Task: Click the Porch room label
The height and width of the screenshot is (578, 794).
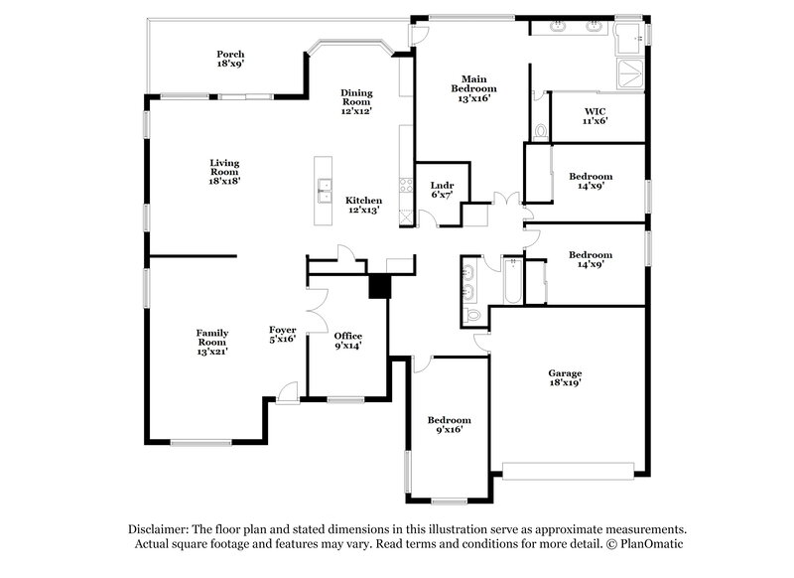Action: coord(230,59)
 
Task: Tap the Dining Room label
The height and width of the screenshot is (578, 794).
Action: coord(355,102)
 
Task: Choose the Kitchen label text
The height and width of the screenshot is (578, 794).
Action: coord(363,205)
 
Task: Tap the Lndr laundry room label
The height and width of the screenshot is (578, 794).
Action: coord(442,191)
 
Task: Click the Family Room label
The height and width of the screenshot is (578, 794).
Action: coord(212,342)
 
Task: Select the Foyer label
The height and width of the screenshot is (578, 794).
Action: coord(283,334)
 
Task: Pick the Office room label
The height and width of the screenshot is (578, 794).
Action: coord(347,341)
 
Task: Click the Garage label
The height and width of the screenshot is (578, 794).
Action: coord(565,378)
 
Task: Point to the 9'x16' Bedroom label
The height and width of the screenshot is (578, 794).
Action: coord(449,424)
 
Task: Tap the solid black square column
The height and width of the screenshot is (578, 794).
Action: coord(379,286)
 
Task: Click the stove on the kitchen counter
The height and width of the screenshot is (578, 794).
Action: coord(404,184)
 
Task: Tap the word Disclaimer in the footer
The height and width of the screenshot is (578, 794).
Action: coord(160,529)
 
